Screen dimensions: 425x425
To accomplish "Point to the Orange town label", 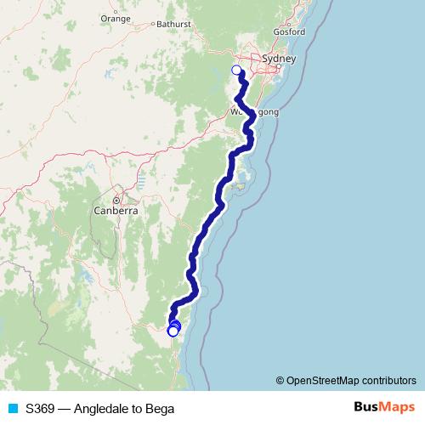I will tap(115, 17).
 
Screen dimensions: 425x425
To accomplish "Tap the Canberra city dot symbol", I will tap(117, 200).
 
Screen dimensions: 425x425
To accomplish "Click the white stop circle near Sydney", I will tap(237, 71).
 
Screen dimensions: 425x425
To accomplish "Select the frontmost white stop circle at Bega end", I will tap(173, 331).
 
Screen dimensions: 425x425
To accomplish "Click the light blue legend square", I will tap(12, 409).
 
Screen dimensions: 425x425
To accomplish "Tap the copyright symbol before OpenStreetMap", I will tap(280, 381).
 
